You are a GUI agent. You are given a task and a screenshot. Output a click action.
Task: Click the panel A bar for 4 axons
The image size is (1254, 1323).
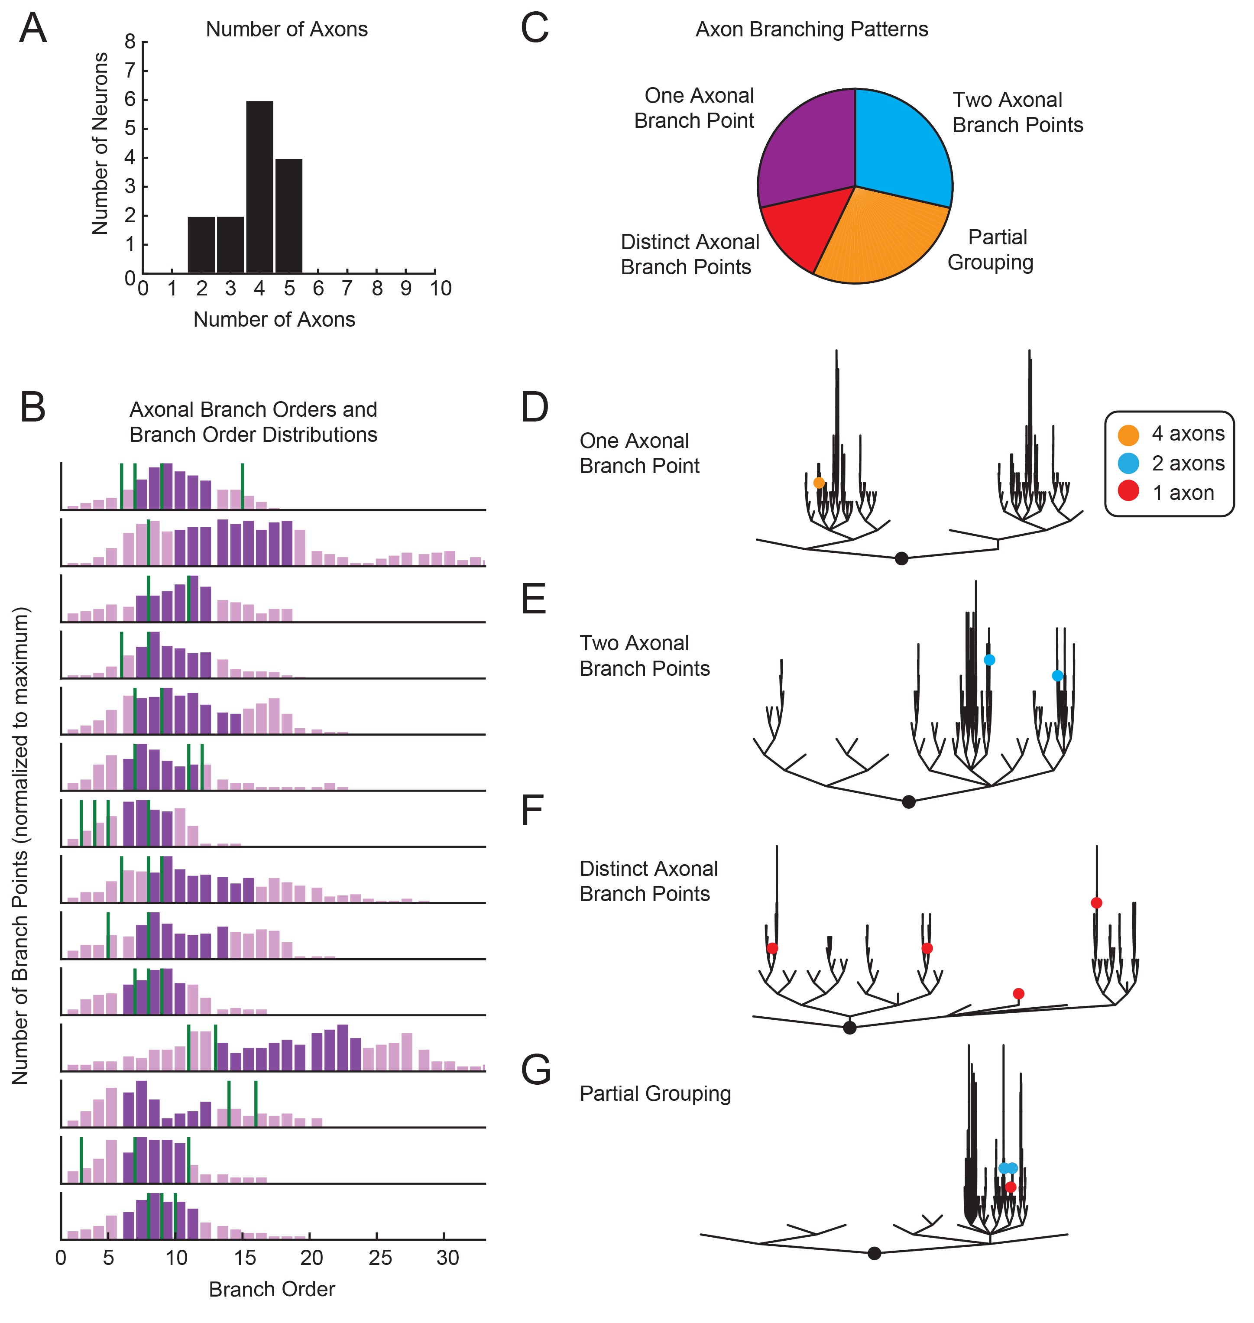tap(259, 187)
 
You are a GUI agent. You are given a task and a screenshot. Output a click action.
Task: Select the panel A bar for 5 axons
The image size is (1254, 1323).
tap(289, 216)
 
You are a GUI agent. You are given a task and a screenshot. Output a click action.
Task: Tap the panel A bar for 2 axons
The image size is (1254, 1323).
tap(201, 245)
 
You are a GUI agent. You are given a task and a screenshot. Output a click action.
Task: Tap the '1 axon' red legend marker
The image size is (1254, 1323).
tap(1128, 493)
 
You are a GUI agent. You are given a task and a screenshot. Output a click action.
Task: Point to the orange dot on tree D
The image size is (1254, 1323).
tap(819, 483)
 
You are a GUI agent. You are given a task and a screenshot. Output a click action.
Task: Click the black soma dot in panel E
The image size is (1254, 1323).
tap(908, 801)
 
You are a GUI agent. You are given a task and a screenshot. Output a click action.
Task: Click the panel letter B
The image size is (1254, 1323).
tap(33, 407)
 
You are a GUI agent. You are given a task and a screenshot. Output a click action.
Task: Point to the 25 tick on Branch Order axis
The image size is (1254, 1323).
tap(380, 1258)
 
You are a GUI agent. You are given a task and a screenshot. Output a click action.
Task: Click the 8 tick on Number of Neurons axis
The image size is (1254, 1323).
tap(130, 42)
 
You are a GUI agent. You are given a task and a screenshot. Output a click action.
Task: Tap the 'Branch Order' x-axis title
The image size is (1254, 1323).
tap(272, 1289)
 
